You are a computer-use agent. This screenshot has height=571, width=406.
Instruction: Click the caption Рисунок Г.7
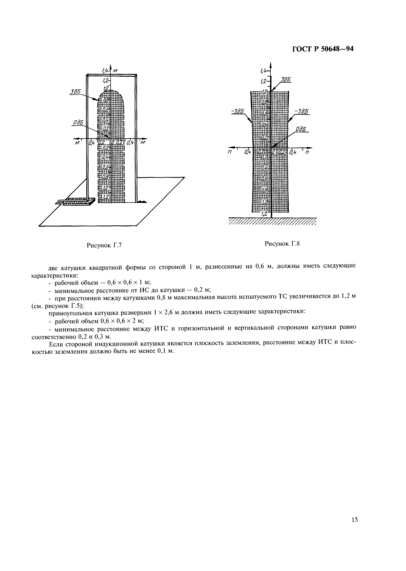coord(104,245)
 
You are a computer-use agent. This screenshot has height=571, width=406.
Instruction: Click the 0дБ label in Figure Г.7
coord(78,122)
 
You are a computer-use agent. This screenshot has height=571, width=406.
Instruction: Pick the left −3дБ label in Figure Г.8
coord(238,111)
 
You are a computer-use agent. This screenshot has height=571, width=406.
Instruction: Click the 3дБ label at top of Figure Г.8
coord(286,80)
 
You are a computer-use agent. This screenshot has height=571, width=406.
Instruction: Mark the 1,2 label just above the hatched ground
coord(264,214)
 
